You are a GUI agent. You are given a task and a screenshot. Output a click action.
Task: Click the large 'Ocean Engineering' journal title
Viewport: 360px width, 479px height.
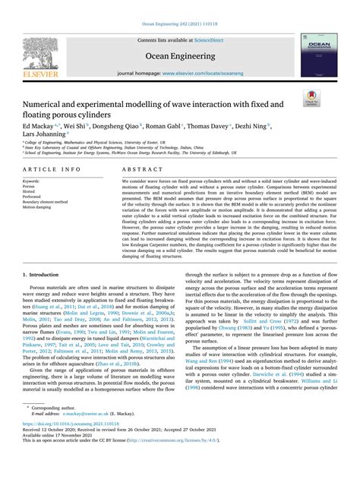click(x=178, y=53)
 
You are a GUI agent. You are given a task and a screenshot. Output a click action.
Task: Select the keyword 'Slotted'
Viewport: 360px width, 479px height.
click(x=32, y=192)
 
